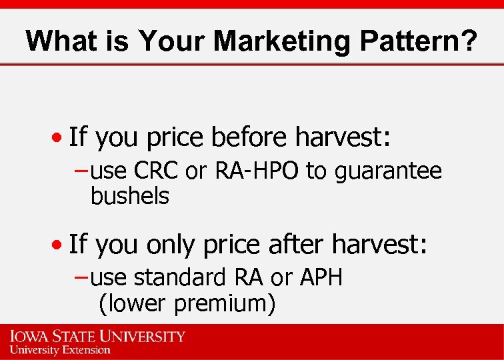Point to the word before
click(x=251, y=137)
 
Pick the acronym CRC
click(x=156, y=172)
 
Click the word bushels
click(x=130, y=197)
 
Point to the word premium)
click(x=225, y=303)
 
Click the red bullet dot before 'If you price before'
click(x=60, y=139)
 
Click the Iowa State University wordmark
click(x=97, y=335)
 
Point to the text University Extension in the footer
click(x=60, y=350)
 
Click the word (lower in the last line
click(x=133, y=303)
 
